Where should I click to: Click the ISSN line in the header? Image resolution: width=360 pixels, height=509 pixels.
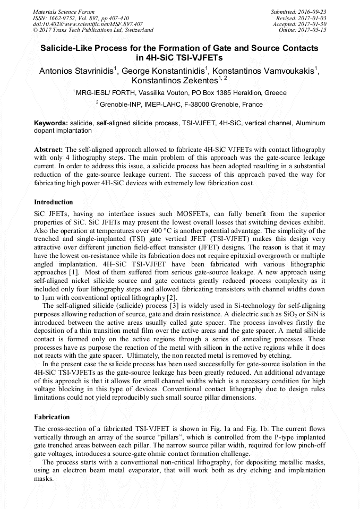click(x=76, y=18)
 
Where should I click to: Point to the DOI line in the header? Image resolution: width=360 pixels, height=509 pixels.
click(x=88, y=24)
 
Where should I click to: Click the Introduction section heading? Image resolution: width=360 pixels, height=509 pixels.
click(x=54, y=202)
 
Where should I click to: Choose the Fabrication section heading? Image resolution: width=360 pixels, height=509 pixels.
click(x=52, y=417)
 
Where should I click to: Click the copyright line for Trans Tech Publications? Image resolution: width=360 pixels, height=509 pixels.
click(x=93, y=30)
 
